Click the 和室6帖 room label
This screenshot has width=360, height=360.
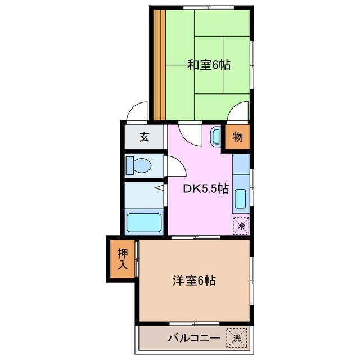[x=209, y=65]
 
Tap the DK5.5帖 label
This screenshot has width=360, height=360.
[x=206, y=189]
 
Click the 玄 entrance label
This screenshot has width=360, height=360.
[x=145, y=137]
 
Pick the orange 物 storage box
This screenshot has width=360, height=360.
[x=237, y=137]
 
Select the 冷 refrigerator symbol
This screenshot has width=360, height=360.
[x=241, y=226]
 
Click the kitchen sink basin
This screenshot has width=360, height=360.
[x=240, y=199]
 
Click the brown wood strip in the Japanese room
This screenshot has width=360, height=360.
[x=159, y=65]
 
